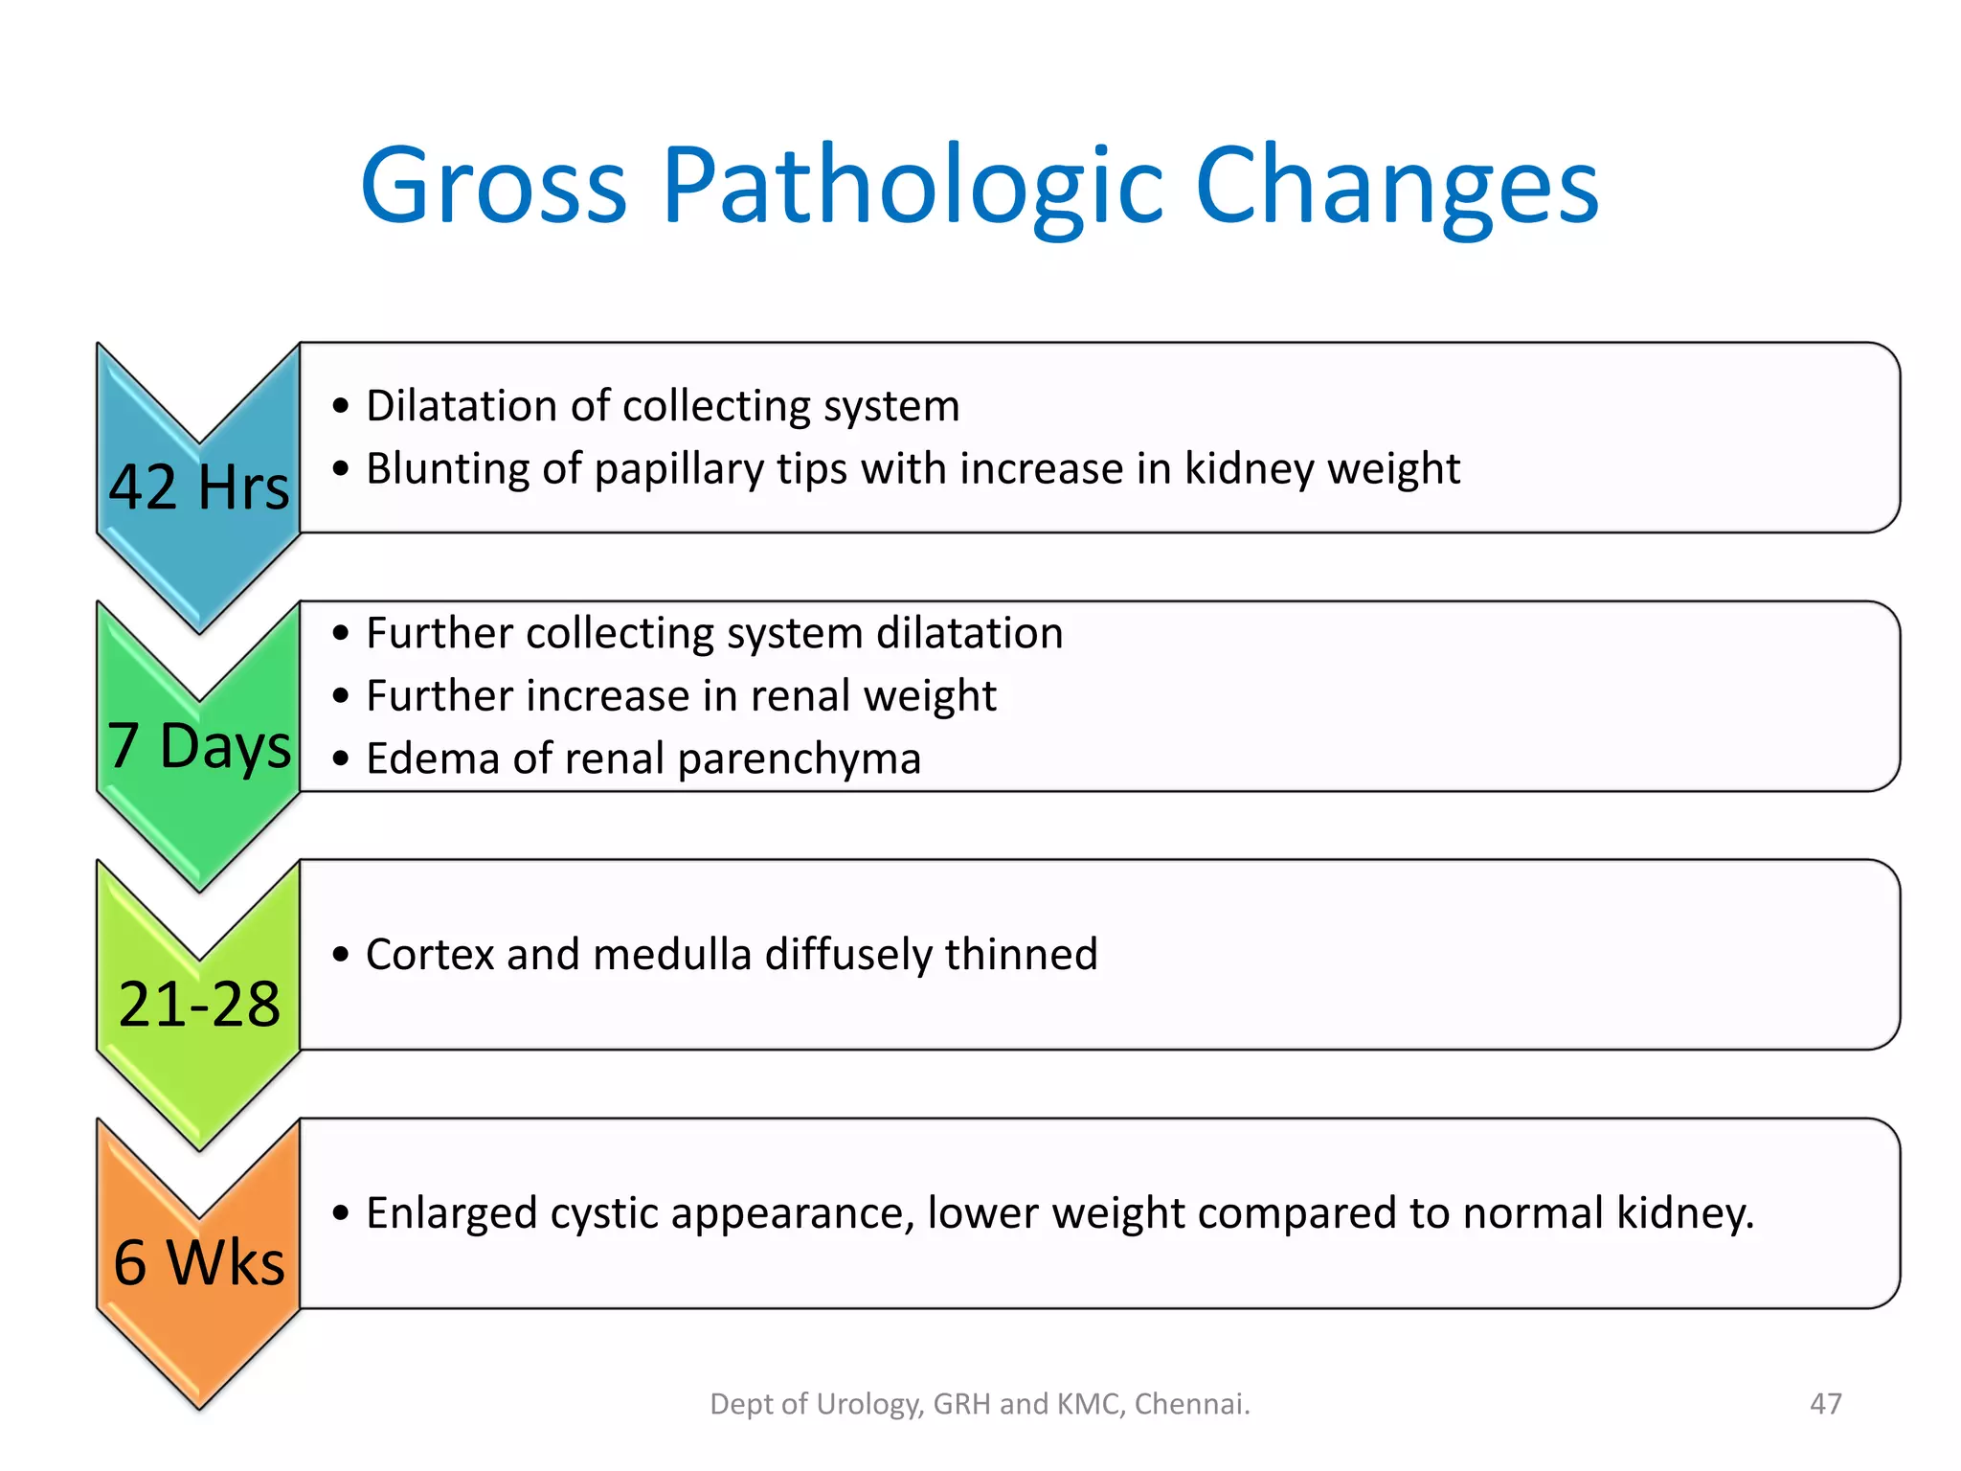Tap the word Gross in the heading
click(494, 187)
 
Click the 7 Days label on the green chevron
click(198, 745)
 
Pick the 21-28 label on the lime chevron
click(199, 1005)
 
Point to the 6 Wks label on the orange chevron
click(199, 1262)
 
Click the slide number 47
click(1825, 1404)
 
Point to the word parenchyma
click(800, 758)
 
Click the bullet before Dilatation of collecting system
click(341, 407)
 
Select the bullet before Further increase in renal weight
click(341, 696)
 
